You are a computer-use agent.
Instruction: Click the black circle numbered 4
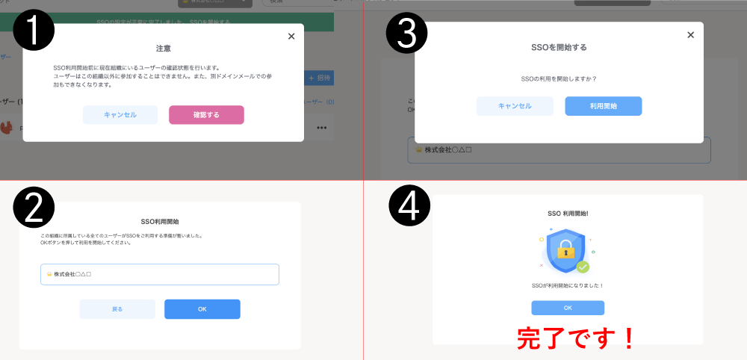pos(409,206)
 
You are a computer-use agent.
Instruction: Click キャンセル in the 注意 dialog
pos(120,114)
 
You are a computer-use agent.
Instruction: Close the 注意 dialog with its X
pos(291,36)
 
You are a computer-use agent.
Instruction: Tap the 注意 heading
pos(163,49)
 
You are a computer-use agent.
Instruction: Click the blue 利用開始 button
pos(603,106)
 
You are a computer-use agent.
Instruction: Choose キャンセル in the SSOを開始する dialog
pos(515,106)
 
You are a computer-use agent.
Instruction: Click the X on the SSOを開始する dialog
pos(690,34)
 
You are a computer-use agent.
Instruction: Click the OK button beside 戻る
pos(202,309)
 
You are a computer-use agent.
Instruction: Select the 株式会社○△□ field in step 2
pos(160,274)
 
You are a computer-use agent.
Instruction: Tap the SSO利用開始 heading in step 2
pos(159,222)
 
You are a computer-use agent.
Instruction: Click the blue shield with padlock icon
pos(565,250)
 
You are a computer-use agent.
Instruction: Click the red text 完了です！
pos(576,338)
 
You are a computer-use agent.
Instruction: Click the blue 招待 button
pos(319,78)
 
